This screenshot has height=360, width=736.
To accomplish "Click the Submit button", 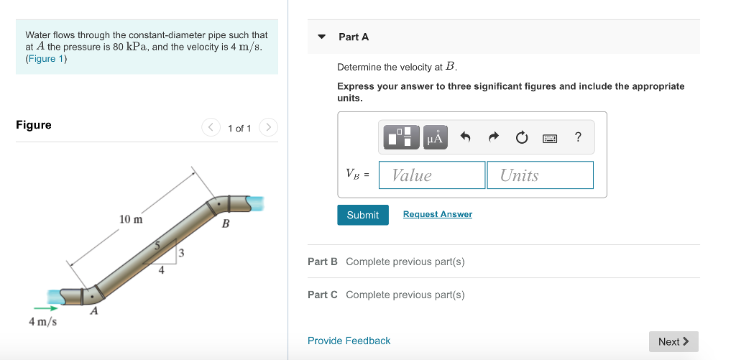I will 362,215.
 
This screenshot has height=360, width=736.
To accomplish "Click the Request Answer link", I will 437,214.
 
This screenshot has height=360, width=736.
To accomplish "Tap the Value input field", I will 432,175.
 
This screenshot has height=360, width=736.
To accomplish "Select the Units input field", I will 540,175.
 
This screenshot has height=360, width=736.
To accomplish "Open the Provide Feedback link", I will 349,341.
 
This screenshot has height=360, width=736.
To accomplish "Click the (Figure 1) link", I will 46,59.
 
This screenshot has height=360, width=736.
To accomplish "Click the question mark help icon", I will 578,137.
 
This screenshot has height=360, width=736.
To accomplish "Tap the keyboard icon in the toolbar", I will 550,137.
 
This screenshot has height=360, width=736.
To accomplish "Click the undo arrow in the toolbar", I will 465,137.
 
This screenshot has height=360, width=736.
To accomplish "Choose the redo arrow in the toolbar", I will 494,137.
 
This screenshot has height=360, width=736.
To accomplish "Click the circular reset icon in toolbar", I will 522,137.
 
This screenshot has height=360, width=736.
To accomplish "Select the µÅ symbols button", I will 436,137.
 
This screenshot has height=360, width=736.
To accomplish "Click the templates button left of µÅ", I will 401,137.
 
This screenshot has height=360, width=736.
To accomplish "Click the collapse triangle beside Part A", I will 322,37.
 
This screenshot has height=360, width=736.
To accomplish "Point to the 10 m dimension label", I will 131,218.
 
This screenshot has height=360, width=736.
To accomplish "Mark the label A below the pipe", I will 93,311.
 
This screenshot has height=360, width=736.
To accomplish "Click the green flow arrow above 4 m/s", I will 45,308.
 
